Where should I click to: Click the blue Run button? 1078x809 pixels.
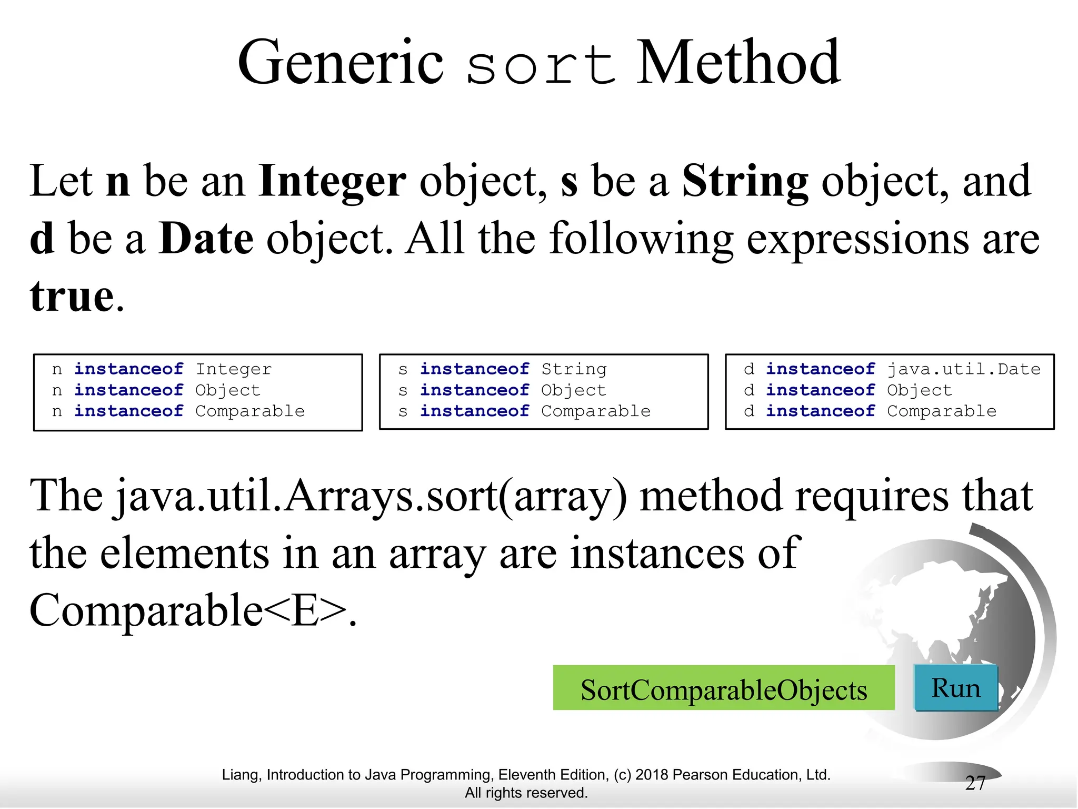pos(956,688)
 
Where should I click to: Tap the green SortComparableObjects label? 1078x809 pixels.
pos(724,689)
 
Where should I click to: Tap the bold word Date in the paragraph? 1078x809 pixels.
pos(206,239)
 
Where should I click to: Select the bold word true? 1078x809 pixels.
pos(72,296)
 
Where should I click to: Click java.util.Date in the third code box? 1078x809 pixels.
pos(963,369)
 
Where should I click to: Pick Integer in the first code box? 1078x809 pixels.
pos(234,369)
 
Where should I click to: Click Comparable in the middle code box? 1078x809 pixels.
pos(596,411)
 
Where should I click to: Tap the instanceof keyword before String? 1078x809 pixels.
pos(474,369)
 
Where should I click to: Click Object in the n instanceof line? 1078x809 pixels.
pos(227,390)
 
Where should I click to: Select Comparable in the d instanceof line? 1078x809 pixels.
pos(942,411)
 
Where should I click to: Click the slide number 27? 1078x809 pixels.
pos(975,783)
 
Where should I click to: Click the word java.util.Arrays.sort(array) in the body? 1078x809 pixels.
pos(371,497)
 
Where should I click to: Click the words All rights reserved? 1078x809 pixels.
pos(526,793)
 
